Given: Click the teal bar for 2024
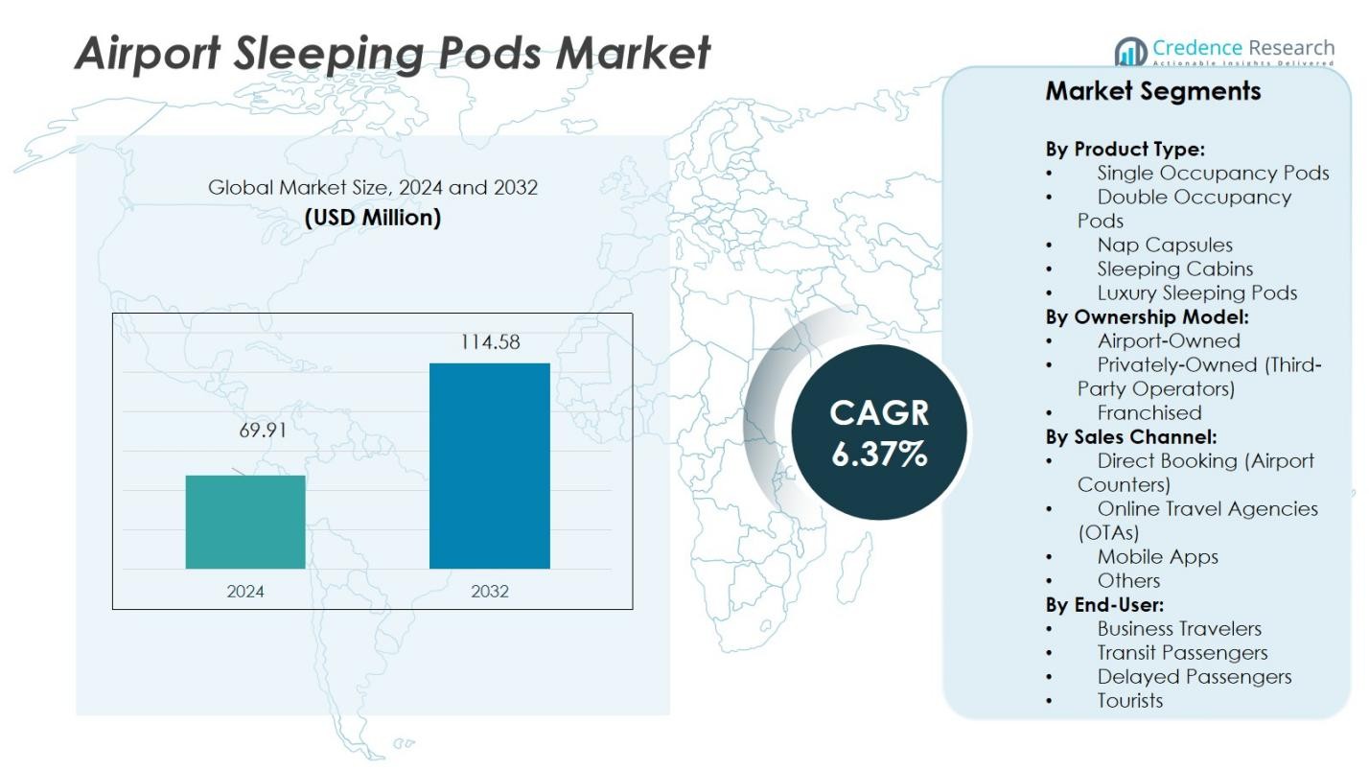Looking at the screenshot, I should pos(245,522).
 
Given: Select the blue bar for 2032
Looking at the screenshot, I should pos(489,466).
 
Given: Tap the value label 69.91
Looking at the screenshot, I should pos(263,431).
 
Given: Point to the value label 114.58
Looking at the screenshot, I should pos(490,342).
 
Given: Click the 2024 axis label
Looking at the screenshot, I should pos(245,592).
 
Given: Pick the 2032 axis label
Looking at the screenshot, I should pos(490,592).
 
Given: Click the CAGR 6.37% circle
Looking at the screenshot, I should pos(879,432).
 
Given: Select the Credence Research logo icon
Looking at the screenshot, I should pos(1131,52).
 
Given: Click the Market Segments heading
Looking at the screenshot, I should pos(1152,91).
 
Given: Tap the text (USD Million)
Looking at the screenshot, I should pos(373,218).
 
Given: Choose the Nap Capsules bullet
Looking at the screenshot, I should pos(1164,245).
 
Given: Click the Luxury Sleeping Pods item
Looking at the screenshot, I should pos(1196,292).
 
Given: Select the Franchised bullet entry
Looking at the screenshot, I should pos(1149,412).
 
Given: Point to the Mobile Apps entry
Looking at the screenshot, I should pos(1157,556).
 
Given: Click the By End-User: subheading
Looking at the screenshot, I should pos(1104,604).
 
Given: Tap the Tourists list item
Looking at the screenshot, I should pos(1129,700).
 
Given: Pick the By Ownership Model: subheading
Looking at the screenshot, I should pos(1147,316).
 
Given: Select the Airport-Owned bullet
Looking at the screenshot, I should pos(1168,340).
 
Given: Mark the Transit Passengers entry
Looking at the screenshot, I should pos(1182,652).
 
